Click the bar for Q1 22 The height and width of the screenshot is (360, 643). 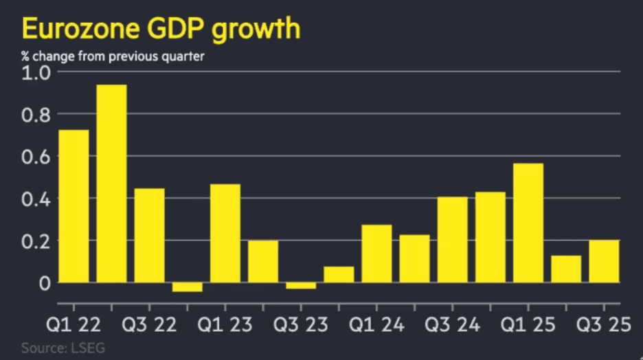point(74,206)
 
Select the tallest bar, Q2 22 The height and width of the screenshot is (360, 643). point(111,183)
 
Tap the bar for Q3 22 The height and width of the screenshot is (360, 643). point(149,235)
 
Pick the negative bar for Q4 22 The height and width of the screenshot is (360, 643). point(187,287)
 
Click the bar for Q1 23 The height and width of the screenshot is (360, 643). point(225,233)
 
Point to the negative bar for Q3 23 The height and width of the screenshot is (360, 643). point(301,286)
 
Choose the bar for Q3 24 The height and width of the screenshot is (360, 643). point(452,239)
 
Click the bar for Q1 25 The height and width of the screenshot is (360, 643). point(528,223)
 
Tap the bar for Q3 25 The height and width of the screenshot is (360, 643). point(604,261)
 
